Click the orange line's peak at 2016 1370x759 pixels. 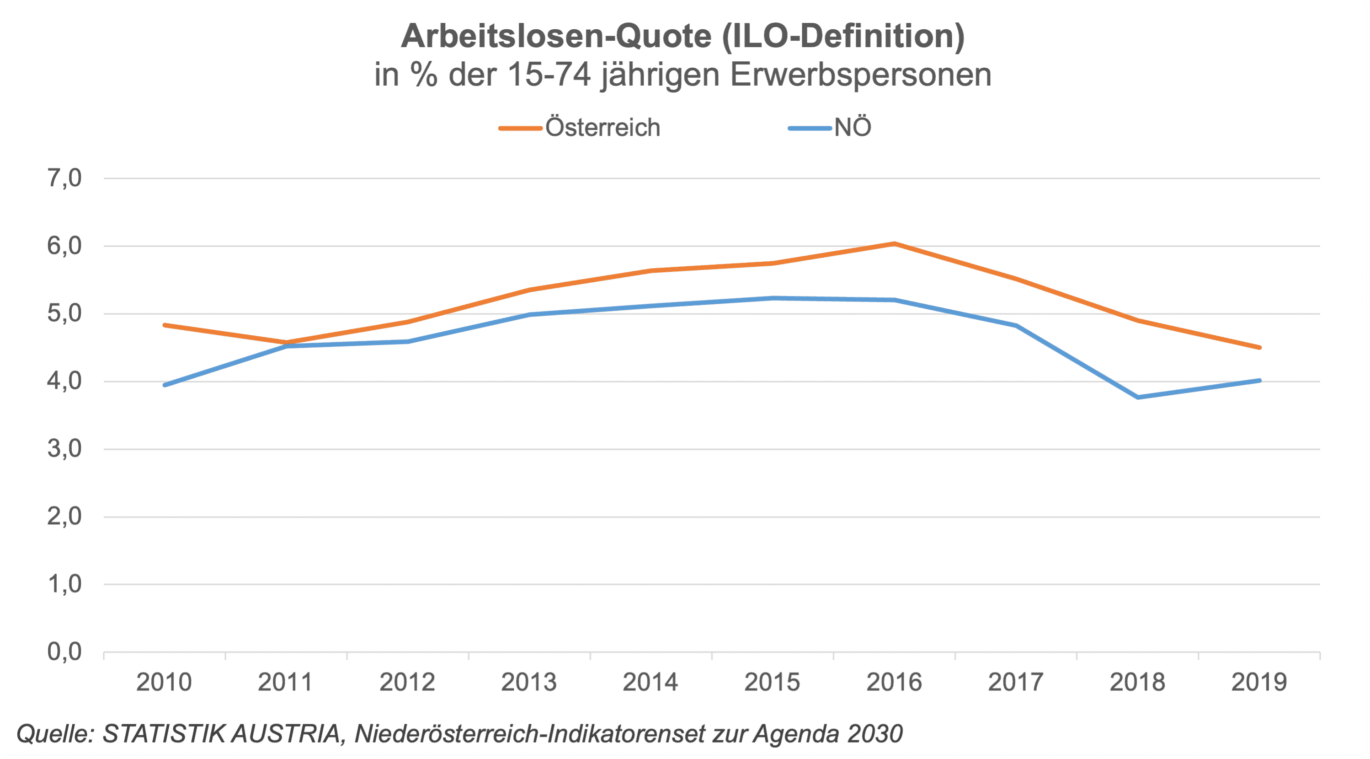tap(895, 244)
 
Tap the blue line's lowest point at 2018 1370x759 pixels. tap(1138, 397)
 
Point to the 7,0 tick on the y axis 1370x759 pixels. tap(64, 178)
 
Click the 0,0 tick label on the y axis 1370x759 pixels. tap(64, 651)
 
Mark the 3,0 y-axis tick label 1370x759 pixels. tap(64, 449)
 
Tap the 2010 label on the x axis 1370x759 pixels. tap(164, 682)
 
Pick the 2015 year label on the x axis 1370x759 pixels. tap(772, 682)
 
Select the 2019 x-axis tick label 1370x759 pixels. tap(1259, 682)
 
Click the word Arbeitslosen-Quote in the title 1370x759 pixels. tap(556, 36)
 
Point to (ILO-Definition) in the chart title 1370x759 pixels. tap(843, 36)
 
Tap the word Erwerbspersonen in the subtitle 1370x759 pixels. tap(860, 75)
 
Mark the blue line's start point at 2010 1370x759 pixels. tap(165, 385)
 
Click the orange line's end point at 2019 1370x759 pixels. tap(1259, 348)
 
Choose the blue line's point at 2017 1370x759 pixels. tap(1016, 326)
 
